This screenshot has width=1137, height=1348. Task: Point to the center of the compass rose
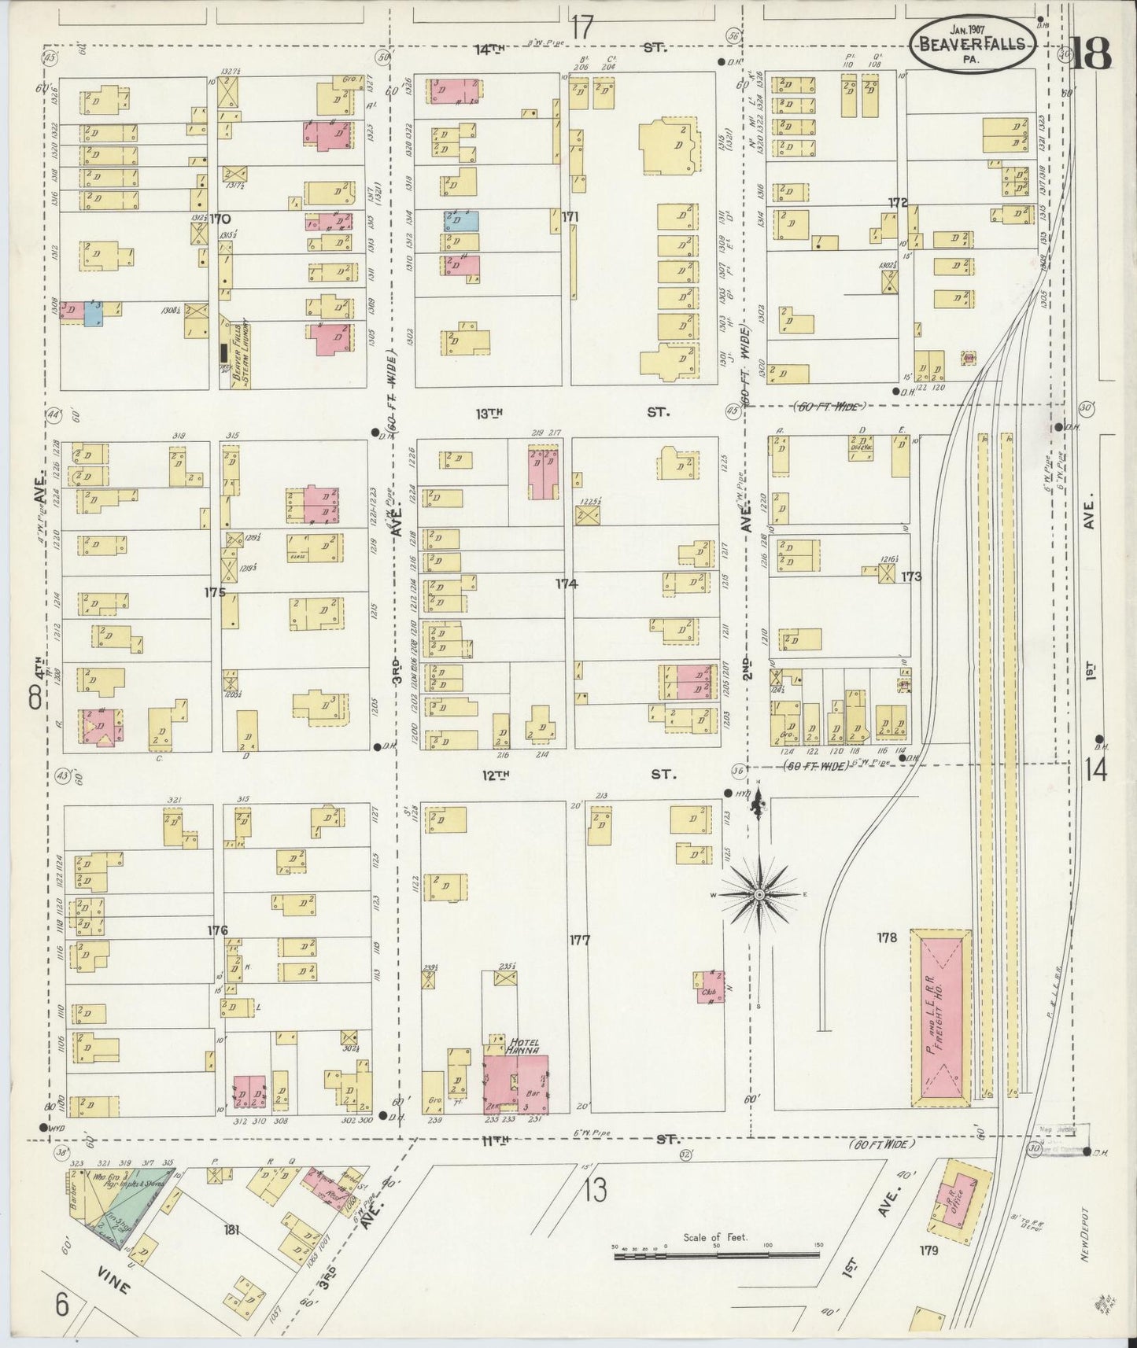(x=759, y=895)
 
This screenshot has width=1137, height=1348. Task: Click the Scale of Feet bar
(x=716, y=1256)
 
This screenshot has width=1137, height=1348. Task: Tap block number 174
(x=566, y=584)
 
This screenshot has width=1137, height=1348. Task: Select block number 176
(x=217, y=930)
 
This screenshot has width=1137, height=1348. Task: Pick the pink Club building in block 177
(x=708, y=989)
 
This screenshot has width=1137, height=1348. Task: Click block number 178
(x=887, y=937)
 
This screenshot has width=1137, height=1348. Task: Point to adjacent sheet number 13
(x=596, y=1191)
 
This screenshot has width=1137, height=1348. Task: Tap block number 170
(x=220, y=218)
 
